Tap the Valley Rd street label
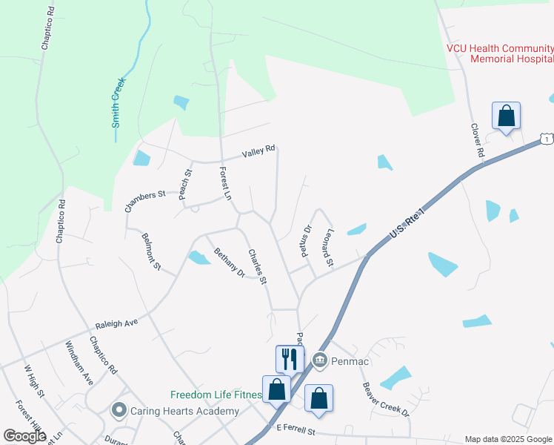click(x=258, y=152)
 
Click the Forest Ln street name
click(x=225, y=183)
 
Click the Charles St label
click(x=257, y=267)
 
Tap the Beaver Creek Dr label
click(x=385, y=399)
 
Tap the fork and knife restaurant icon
click(x=289, y=359)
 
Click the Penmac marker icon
click(x=320, y=360)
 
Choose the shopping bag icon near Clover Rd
click(x=506, y=116)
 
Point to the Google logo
click(x=24, y=435)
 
